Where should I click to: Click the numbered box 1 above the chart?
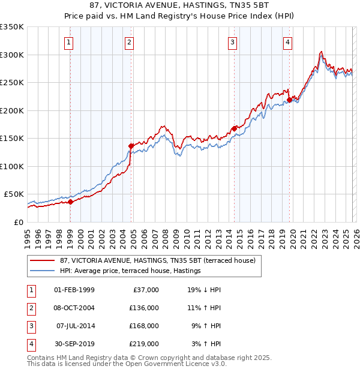coord(70,42)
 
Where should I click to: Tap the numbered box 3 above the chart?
coord(232,42)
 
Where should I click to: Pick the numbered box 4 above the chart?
coord(288,42)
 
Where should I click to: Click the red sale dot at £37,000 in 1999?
coord(70,202)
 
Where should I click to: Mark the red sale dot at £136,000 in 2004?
coord(131,146)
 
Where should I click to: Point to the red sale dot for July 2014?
coord(233,128)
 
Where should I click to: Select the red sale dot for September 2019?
coord(289,100)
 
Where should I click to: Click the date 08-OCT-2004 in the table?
coord(74,308)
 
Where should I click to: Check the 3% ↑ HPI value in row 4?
coord(206,344)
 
